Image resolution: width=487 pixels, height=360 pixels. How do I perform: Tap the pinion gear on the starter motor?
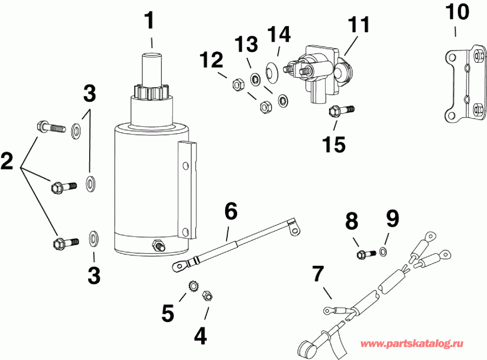[151, 90]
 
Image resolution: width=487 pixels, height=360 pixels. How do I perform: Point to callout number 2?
[7, 160]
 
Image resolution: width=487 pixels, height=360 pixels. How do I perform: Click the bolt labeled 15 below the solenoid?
[340, 111]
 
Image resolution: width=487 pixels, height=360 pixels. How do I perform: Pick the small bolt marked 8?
[363, 253]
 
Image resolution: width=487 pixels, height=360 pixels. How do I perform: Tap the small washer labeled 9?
[383, 251]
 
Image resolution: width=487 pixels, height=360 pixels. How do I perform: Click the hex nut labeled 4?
[207, 296]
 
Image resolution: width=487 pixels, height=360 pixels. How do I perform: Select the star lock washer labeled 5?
[192, 285]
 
